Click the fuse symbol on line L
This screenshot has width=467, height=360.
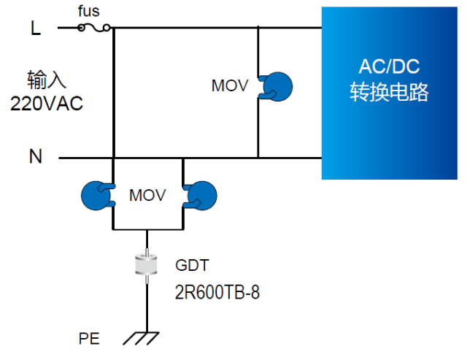94,28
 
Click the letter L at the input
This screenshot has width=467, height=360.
36,28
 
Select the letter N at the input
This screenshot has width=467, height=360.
36,157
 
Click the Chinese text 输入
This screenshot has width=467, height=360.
46,79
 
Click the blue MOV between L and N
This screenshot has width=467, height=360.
277,86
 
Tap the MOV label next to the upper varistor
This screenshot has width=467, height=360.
231,86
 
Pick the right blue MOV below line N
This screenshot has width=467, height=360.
201,195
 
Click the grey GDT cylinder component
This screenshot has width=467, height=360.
148,267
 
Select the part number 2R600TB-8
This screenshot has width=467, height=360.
217,293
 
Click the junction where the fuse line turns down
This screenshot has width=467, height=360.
114,28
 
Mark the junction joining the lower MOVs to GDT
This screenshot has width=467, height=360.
148,229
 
